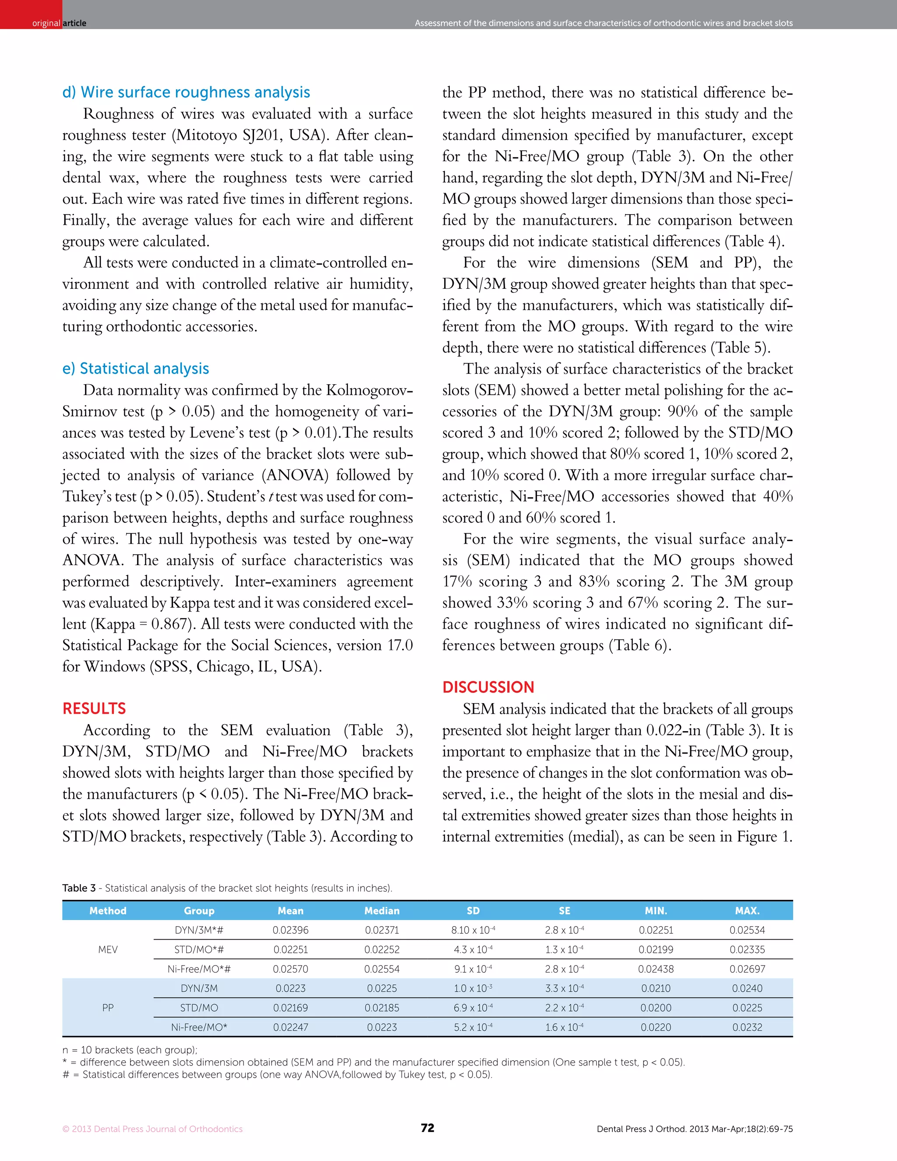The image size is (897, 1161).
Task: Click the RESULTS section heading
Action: pos(94,708)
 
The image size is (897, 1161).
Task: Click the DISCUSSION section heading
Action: pos(488,687)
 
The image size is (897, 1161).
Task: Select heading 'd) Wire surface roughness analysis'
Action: pos(186,92)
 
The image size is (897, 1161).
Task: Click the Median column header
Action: pos(381,911)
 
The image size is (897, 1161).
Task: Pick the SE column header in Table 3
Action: pos(564,911)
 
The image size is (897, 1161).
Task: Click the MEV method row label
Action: pos(108,949)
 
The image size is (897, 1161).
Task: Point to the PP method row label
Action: pos(108,1008)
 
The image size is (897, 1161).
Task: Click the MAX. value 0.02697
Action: pos(747,969)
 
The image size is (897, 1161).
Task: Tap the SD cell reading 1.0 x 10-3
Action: pos(473,988)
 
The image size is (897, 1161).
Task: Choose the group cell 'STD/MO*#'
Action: pos(199,949)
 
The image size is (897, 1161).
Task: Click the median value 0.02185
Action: pos(381,1008)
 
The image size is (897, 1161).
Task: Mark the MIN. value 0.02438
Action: pos(656,969)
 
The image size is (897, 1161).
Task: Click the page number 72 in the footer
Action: pos(427,1128)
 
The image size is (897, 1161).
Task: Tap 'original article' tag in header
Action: pos(58,23)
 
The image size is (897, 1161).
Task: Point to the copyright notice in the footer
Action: pos(152,1129)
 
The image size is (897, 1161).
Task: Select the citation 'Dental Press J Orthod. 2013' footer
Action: pos(694,1129)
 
